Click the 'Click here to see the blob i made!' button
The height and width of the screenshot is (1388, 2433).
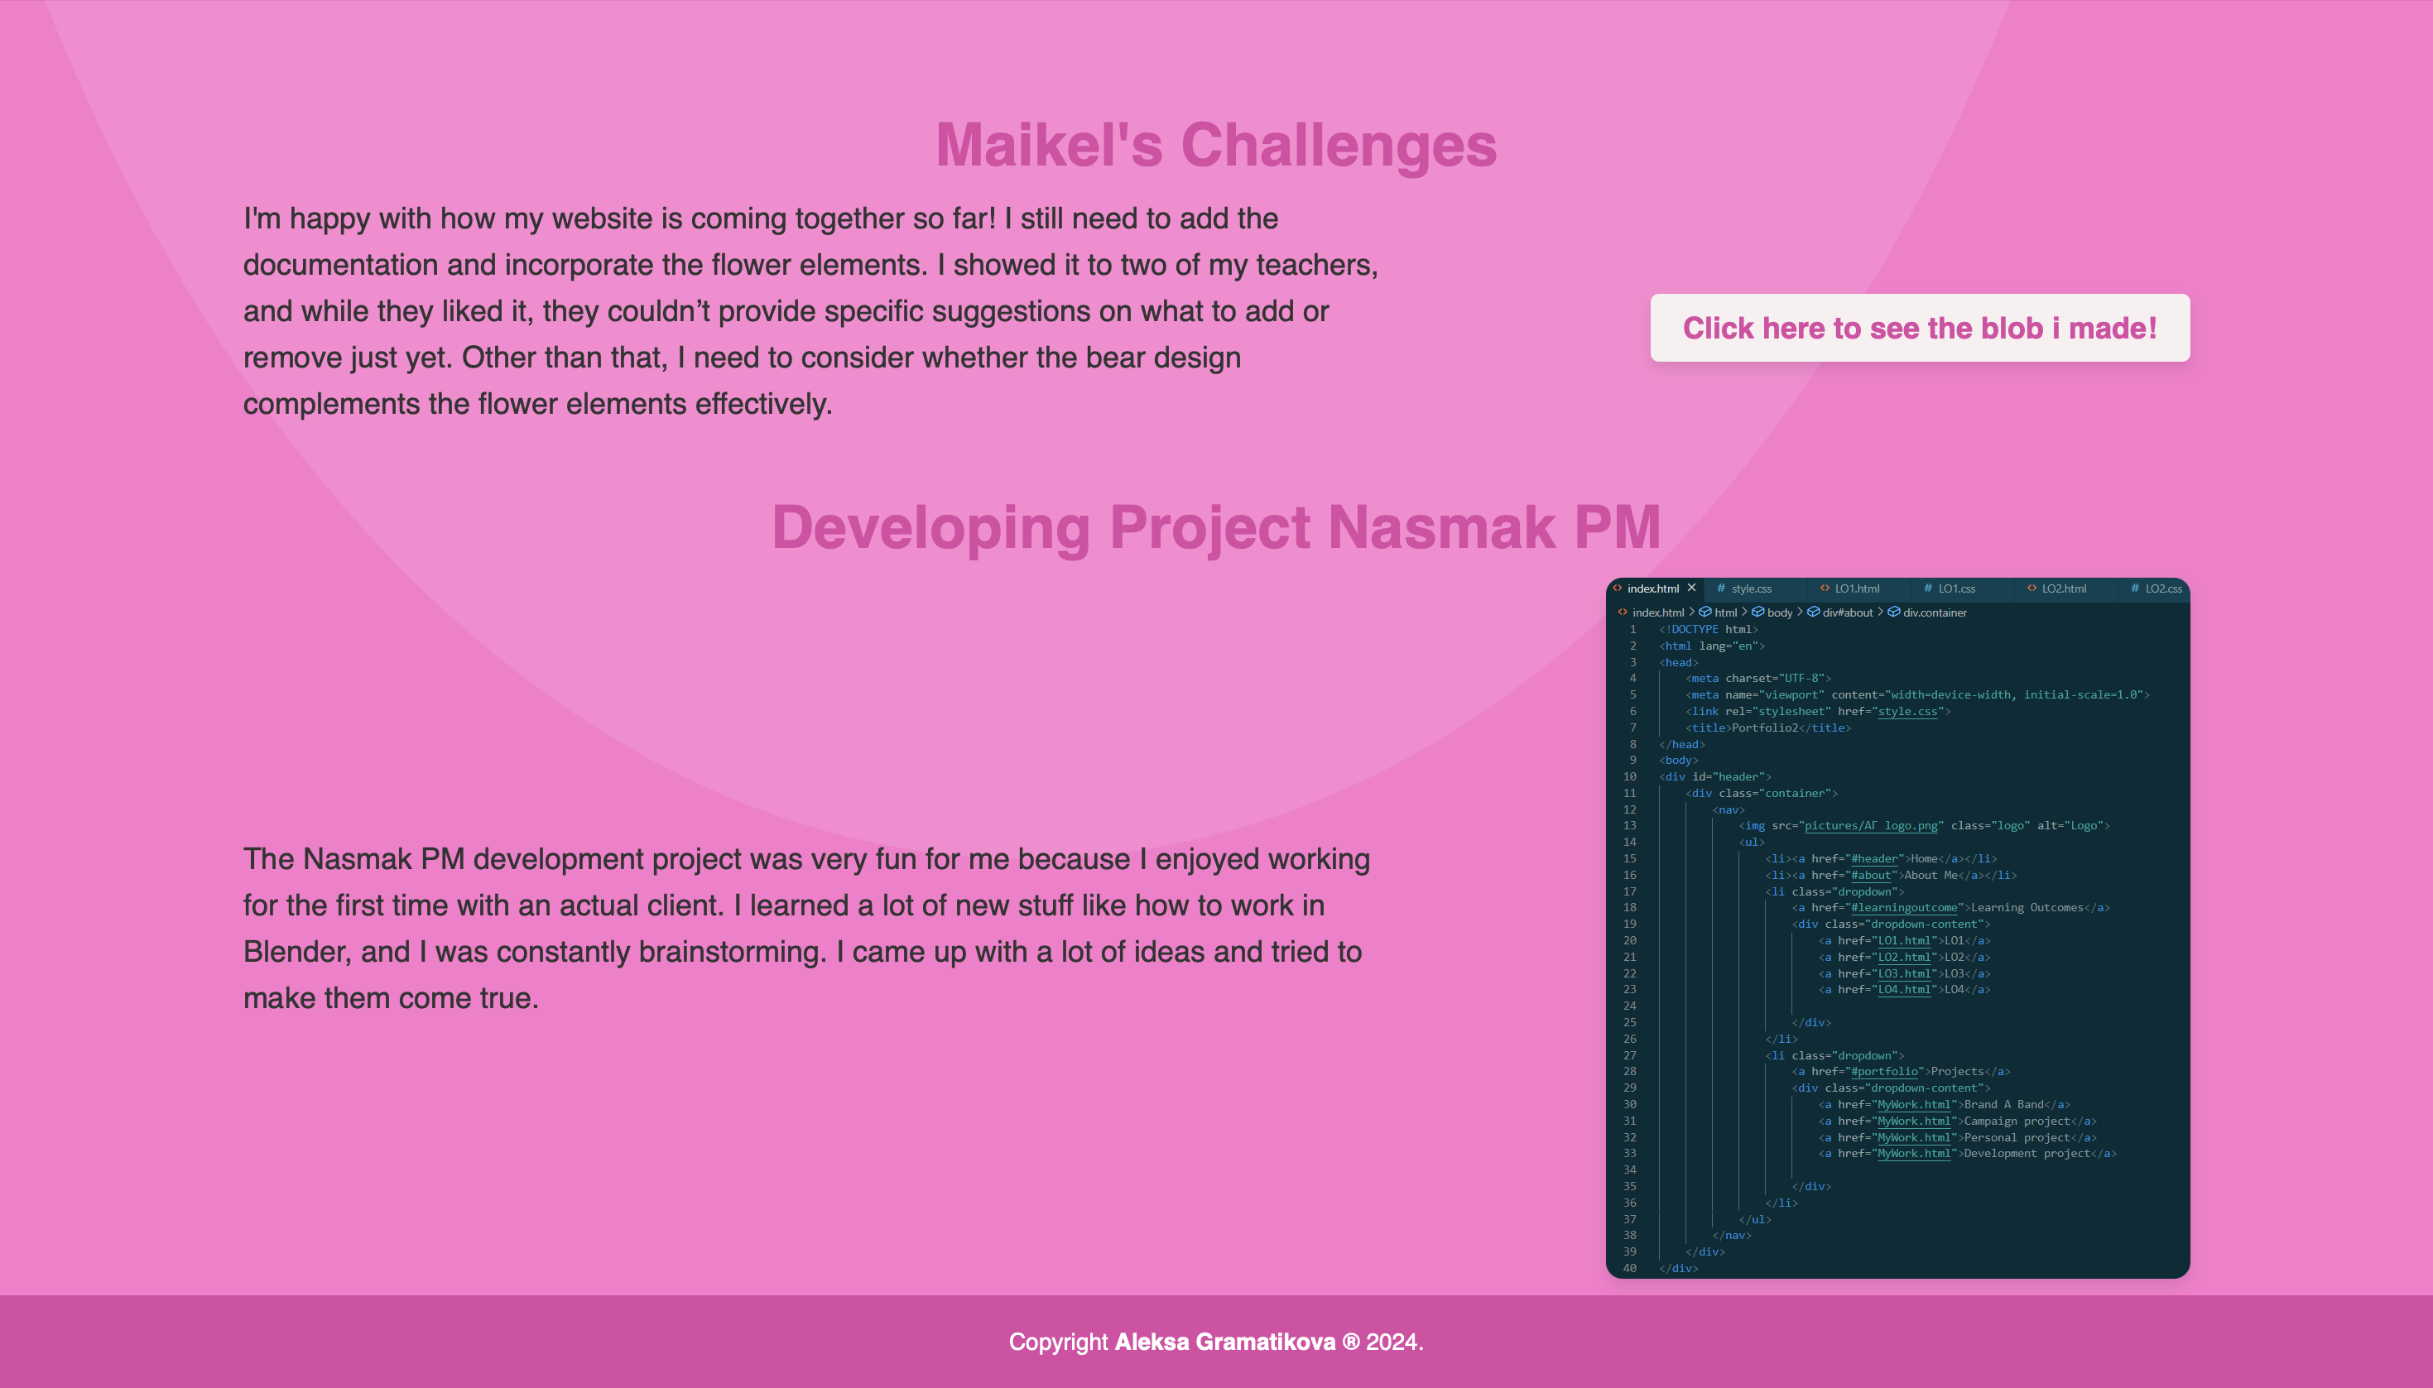tap(1919, 328)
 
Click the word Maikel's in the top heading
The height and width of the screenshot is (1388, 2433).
tap(1049, 145)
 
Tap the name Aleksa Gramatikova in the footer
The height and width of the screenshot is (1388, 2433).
tap(1225, 1342)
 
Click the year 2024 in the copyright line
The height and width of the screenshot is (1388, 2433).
tap(1391, 1342)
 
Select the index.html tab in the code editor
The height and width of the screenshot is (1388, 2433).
tap(1653, 588)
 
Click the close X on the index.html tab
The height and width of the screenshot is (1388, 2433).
tap(1691, 588)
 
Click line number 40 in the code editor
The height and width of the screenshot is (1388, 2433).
tap(1629, 1268)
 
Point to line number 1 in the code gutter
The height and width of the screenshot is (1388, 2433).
tap(1633, 629)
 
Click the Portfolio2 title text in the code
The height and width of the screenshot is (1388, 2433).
tap(1765, 728)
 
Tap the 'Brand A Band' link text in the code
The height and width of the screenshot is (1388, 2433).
tap(2003, 1104)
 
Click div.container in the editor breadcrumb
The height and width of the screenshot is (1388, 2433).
tap(1935, 612)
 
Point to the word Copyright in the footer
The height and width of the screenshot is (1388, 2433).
tap(1058, 1342)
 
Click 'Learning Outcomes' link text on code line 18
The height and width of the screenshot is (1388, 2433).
tap(2026, 907)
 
